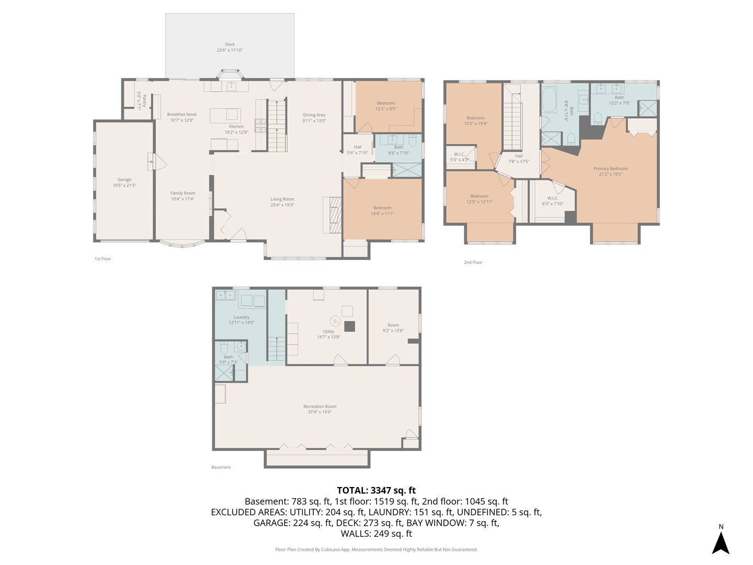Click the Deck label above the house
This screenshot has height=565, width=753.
pyautogui.click(x=230, y=44)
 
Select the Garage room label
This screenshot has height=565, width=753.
pyautogui.click(x=124, y=179)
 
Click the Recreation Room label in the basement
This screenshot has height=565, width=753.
pyautogui.click(x=320, y=406)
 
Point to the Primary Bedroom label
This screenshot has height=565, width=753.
pyautogui.click(x=610, y=168)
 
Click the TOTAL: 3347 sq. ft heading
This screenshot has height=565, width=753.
pyautogui.click(x=376, y=490)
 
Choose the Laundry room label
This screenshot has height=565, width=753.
pyautogui.click(x=241, y=317)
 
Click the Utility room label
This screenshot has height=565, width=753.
pyautogui.click(x=328, y=331)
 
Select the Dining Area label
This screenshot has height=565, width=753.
pyautogui.click(x=314, y=115)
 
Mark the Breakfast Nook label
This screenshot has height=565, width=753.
pyautogui.click(x=182, y=114)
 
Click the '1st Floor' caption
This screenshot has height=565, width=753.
pyautogui.click(x=102, y=259)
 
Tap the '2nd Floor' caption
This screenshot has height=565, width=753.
pyautogui.click(x=473, y=263)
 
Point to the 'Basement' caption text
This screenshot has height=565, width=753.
pyautogui.click(x=221, y=467)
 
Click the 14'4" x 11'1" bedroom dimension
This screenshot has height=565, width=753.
pyautogui.click(x=382, y=213)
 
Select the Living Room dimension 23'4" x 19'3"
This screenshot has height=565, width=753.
pyautogui.click(x=282, y=205)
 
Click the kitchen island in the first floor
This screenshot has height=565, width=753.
pyautogui.click(x=225, y=115)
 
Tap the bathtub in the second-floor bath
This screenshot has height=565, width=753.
pyautogui.click(x=549, y=100)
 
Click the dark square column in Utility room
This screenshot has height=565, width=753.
pyautogui.click(x=350, y=326)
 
